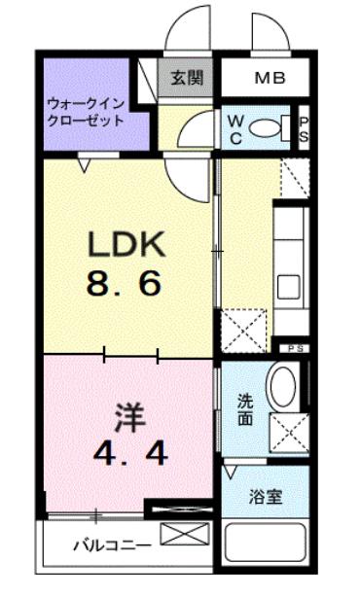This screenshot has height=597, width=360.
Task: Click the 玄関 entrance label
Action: (187, 78)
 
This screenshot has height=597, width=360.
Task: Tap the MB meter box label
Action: (270, 78)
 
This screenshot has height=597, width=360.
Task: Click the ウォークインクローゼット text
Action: (86, 112)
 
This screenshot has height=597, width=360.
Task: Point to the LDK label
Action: (126, 244)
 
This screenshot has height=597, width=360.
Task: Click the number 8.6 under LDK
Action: (124, 285)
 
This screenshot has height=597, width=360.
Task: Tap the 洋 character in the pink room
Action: (130, 418)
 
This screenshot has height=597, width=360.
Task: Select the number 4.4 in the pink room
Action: (130, 454)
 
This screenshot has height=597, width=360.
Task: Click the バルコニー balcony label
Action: (112, 546)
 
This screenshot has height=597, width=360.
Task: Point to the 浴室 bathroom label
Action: (266, 497)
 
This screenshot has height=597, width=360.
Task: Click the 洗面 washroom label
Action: (245, 409)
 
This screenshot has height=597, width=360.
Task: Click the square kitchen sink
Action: (288, 288)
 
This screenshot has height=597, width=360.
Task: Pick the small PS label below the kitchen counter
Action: (294, 348)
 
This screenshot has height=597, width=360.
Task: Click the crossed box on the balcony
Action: (185, 534)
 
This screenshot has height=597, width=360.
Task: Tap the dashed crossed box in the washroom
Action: (289, 433)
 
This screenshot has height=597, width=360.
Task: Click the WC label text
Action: (235, 130)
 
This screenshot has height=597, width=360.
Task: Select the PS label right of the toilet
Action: (304, 129)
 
